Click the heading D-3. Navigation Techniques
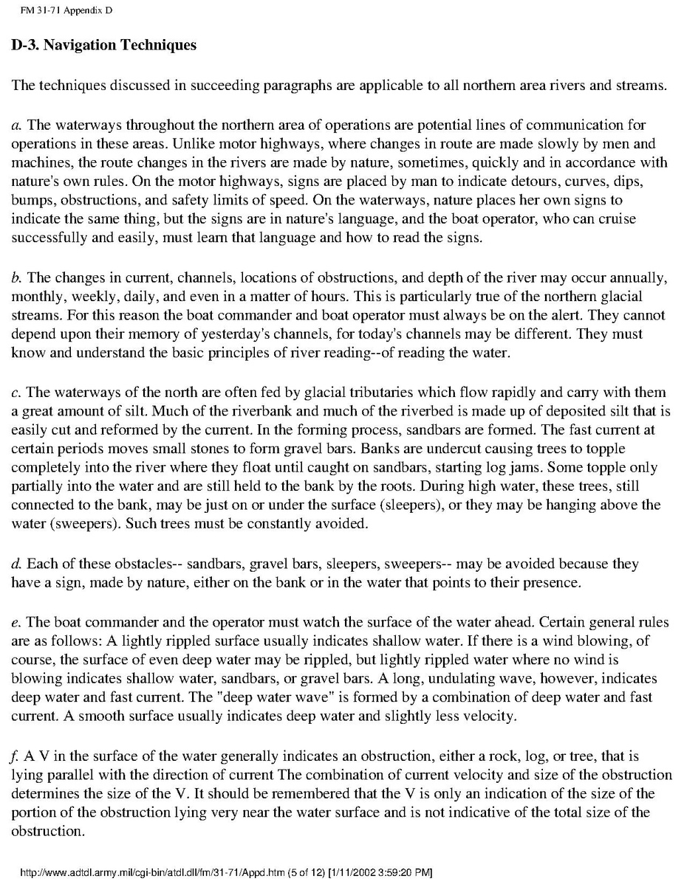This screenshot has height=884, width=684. click(104, 45)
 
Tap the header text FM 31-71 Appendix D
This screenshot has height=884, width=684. click(61, 11)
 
